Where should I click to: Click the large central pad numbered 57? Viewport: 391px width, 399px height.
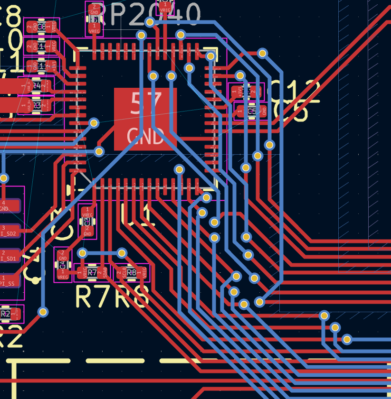tap(145, 119)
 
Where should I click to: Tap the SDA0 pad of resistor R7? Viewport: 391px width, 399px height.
tap(104, 273)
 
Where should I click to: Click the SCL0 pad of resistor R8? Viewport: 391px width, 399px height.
tap(124, 273)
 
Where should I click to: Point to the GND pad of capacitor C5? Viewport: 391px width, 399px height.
tap(263, 111)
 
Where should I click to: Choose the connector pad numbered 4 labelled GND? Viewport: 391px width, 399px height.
tap(10, 206)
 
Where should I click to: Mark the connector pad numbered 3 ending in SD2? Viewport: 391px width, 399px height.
tap(10, 231)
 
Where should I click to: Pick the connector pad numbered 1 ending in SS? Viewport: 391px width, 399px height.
tap(10, 281)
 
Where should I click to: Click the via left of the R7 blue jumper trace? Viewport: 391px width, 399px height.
tap(82, 253)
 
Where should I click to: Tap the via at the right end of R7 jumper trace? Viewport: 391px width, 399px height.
tap(122, 253)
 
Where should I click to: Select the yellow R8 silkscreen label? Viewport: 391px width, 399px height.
tap(131, 296)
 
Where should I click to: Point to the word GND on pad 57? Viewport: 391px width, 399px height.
tap(145, 137)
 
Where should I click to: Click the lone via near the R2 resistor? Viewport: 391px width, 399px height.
tap(43, 312)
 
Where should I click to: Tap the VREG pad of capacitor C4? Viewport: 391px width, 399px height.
tap(62, 274)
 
